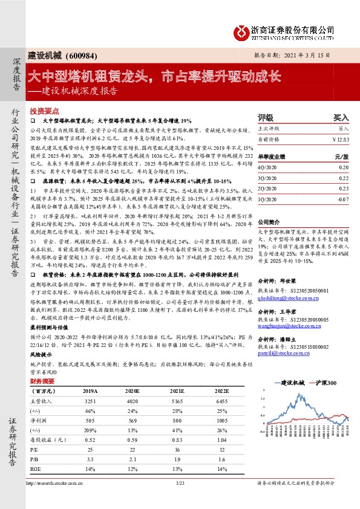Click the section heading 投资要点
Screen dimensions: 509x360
coord(45,111)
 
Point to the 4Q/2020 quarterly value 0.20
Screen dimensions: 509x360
coord(344,167)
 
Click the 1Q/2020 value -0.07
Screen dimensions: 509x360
coord(343,198)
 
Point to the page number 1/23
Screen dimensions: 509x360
coord(180,482)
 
